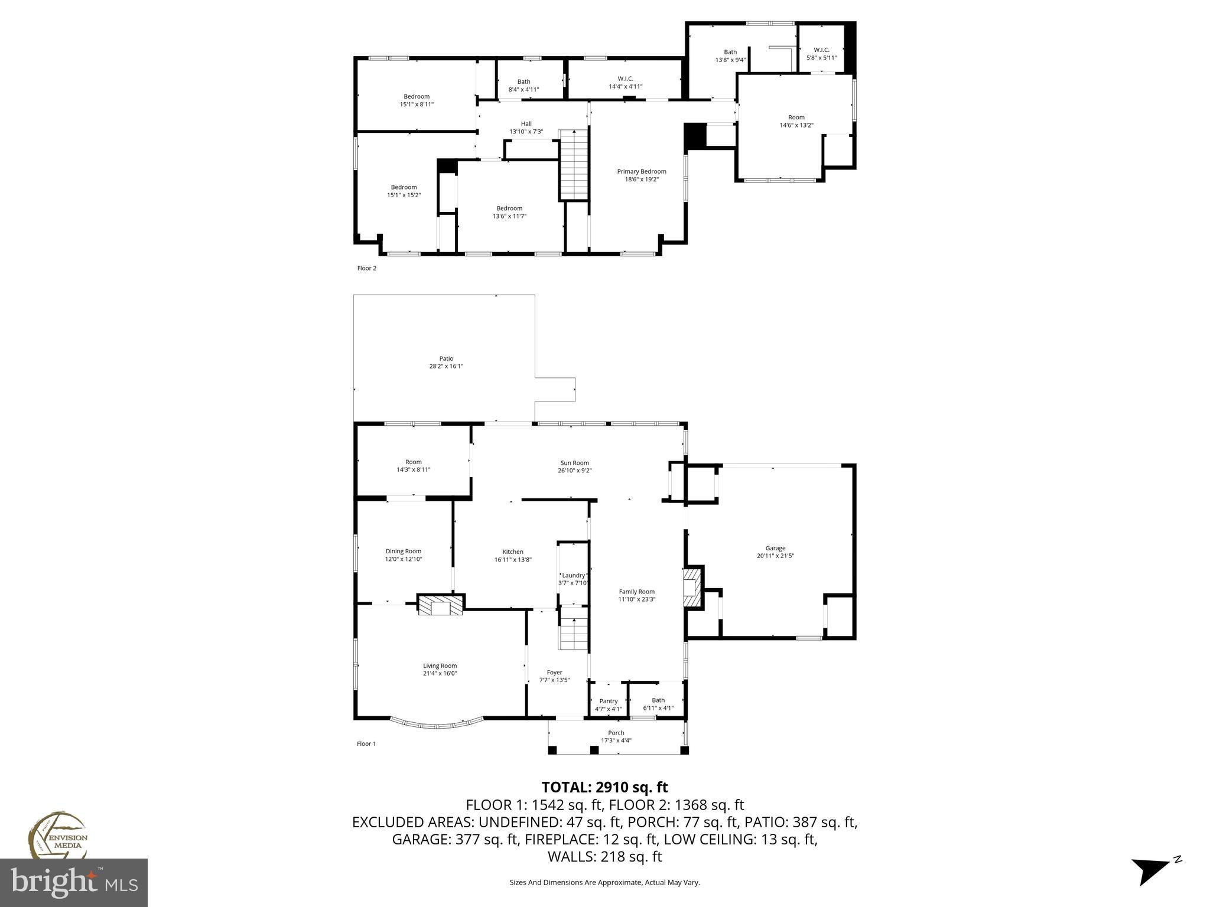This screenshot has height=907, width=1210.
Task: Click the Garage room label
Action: (775, 548)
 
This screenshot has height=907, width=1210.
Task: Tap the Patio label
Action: (446, 358)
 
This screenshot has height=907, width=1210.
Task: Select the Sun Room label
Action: (575, 463)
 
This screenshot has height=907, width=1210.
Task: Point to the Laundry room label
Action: (573, 575)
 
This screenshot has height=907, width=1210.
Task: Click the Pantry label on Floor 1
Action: (609, 701)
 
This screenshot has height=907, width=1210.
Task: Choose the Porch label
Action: (616, 733)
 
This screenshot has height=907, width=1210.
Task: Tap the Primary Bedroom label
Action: (642, 171)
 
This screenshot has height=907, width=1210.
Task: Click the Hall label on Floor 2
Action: (526, 123)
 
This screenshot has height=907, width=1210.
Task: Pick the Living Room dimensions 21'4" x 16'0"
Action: (440, 673)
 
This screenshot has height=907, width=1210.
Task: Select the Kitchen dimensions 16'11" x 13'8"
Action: (513, 559)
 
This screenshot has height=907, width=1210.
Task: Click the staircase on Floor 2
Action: (574, 165)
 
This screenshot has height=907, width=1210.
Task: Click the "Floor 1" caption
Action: (366, 743)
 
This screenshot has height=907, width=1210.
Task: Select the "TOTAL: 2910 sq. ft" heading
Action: (605, 787)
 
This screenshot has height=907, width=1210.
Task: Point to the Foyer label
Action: (554, 672)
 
